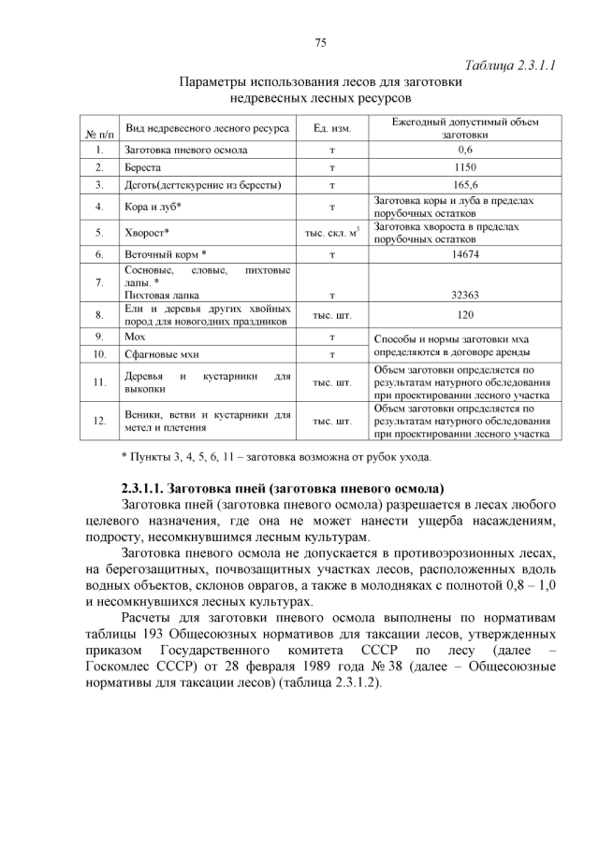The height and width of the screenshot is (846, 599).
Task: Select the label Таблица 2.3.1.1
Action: point(511,65)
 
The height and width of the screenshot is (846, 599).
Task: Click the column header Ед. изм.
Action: point(332,128)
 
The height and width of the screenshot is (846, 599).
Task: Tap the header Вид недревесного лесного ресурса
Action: point(207,127)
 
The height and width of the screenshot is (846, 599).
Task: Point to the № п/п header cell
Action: point(99,136)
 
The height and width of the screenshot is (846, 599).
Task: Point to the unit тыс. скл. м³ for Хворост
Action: point(332,232)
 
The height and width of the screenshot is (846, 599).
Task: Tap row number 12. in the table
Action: point(99,422)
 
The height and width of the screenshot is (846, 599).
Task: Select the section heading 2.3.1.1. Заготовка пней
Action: point(283,488)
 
